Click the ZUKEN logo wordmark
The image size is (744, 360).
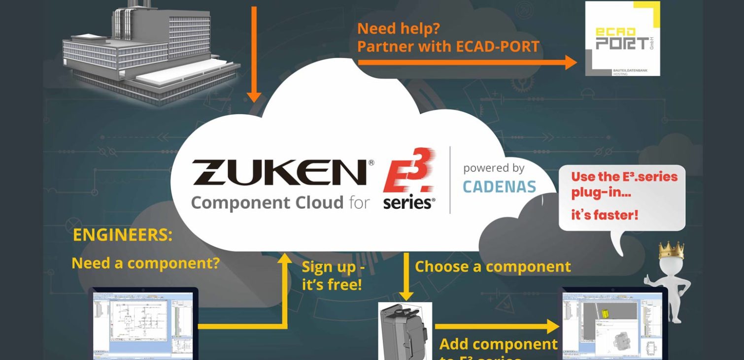(280, 172)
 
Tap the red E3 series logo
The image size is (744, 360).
(409, 179)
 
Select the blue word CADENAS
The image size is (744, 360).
(499, 187)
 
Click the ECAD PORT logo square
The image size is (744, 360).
(622, 39)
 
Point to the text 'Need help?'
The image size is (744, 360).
(398, 28)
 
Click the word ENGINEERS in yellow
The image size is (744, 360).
(123, 235)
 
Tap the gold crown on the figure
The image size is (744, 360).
(671, 250)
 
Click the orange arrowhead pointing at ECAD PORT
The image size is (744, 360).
(571, 63)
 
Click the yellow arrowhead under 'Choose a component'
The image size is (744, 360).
(406, 295)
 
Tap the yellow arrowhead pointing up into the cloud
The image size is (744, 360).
(285, 260)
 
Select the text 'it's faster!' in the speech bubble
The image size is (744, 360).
(604, 215)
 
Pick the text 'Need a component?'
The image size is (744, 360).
(145, 263)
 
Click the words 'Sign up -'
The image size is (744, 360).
(333, 267)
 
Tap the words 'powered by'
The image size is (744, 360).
(493, 168)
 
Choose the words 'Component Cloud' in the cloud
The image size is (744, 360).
(267, 203)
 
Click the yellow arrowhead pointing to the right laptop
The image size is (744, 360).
(553, 326)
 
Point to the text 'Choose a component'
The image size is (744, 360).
(493, 266)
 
